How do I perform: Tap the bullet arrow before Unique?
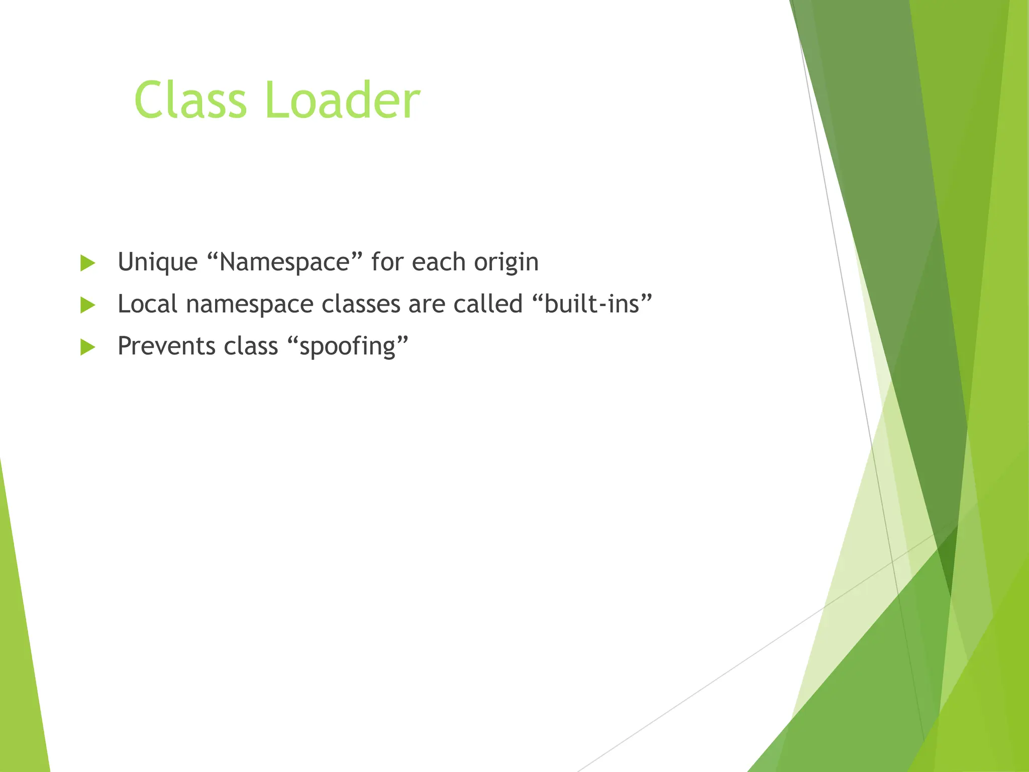(x=87, y=263)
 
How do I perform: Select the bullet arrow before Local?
(x=87, y=305)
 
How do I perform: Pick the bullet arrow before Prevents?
(x=87, y=347)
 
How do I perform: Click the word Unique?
(x=157, y=262)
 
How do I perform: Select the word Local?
(x=147, y=305)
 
